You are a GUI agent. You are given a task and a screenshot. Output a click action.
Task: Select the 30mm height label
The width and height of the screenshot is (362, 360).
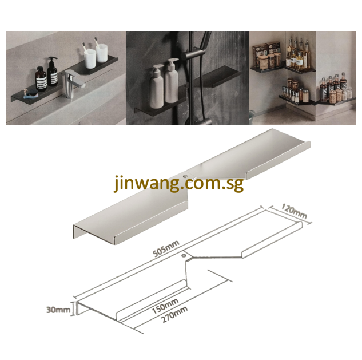59,310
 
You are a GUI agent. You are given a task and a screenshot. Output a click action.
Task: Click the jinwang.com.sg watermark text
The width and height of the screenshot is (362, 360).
178,184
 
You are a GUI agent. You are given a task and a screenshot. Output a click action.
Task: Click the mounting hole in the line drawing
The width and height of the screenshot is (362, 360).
184,256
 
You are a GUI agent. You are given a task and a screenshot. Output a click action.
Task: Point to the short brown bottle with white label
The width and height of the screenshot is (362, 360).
41,81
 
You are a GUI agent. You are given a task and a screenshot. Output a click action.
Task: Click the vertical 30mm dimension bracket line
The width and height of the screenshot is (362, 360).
73,310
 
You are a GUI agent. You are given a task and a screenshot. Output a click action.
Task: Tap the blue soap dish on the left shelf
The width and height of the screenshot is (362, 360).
30,92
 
